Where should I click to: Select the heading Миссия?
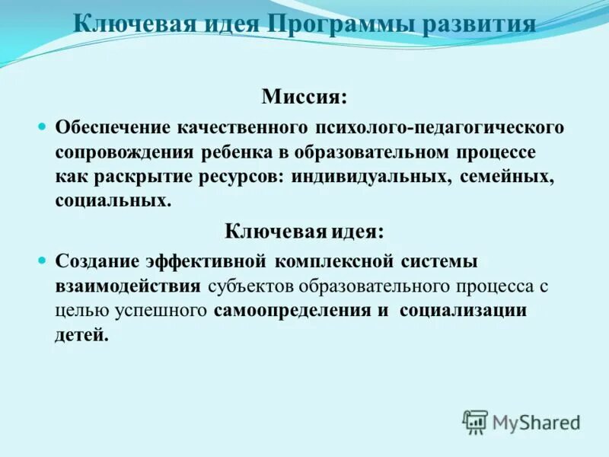tap(304, 97)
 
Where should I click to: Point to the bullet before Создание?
tap(43, 260)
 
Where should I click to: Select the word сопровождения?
tap(124, 152)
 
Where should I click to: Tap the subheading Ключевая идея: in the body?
tap(304, 231)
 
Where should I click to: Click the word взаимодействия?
tap(128, 286)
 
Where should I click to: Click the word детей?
tap(81, 336)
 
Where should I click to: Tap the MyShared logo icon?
tap(475, 421)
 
